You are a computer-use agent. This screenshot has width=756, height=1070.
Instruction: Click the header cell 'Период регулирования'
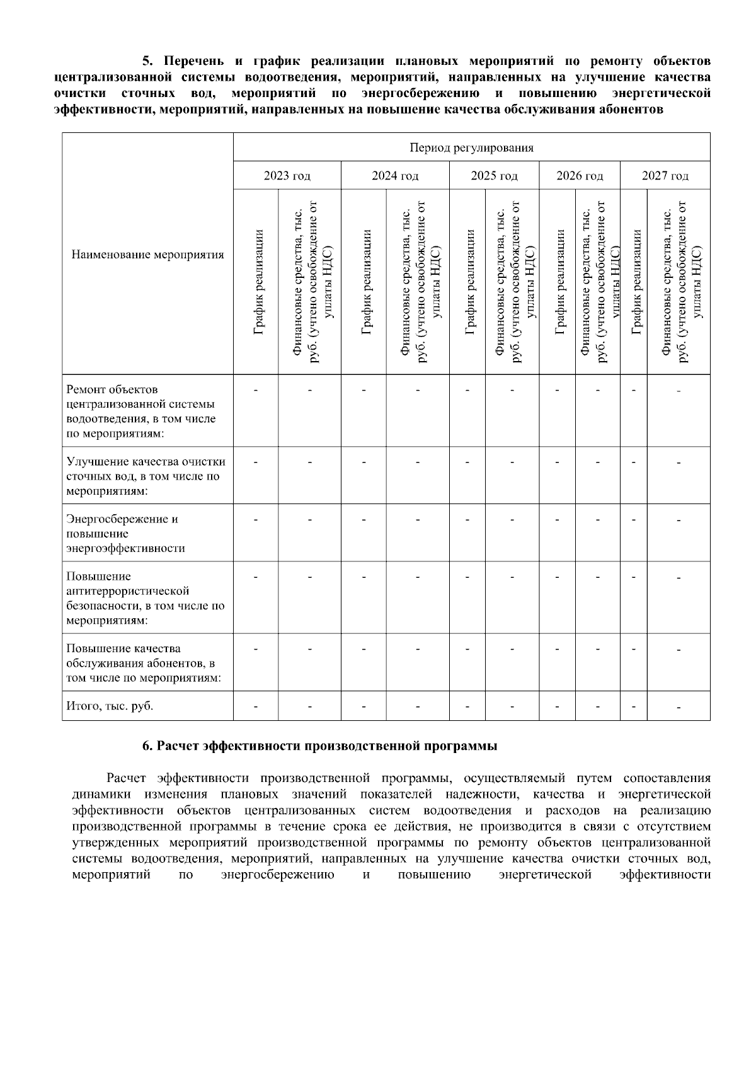coord(471,148)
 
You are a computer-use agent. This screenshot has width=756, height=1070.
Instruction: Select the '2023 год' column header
coord(287,176)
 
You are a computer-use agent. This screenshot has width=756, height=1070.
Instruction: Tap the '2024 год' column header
coord(395,176)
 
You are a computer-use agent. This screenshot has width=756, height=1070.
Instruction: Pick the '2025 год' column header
coord(494,176)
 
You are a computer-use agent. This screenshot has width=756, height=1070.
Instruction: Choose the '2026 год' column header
coord(580,176)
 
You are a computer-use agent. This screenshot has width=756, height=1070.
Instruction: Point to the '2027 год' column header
coord(665,176)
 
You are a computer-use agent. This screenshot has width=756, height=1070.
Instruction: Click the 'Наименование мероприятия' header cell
coord(147,255)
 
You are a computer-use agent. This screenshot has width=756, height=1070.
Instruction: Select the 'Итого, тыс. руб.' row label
coord(110,706)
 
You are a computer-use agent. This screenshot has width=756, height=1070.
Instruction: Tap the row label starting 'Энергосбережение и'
coord(125,533)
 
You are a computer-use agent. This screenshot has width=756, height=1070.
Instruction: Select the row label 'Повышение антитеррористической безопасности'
coord(145,598)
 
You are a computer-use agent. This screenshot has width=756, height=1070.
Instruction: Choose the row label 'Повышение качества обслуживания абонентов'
coord(144,663)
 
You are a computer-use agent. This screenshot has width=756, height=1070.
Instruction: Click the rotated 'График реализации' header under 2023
coord(257,282)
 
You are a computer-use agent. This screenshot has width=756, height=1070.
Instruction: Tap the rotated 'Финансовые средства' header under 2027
coord(679,282)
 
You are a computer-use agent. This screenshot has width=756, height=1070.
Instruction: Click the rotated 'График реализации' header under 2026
coord(558,282)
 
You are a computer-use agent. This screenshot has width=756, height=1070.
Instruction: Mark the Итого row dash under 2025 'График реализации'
coord(467,706)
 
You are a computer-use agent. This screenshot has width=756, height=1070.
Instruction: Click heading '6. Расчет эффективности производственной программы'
coord(319,746)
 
